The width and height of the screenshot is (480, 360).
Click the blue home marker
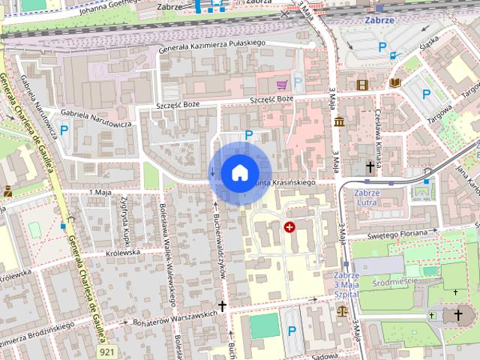tap(238, 172)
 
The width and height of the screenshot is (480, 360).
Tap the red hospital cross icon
tap(289, 226)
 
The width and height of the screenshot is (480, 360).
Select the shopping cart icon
tap(282, 85)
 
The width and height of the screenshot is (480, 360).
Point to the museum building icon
tap(339, 121)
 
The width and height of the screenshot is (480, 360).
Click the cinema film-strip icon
tap(363, 85)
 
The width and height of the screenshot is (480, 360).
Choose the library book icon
tap(395, 83)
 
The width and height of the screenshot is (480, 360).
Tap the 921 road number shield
tap(107, 351)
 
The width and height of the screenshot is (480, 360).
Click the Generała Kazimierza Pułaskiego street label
tap(214, 47)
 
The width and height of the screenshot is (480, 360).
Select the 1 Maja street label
tap(99, 193)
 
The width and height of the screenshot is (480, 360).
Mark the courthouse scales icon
tap(343, 307)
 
